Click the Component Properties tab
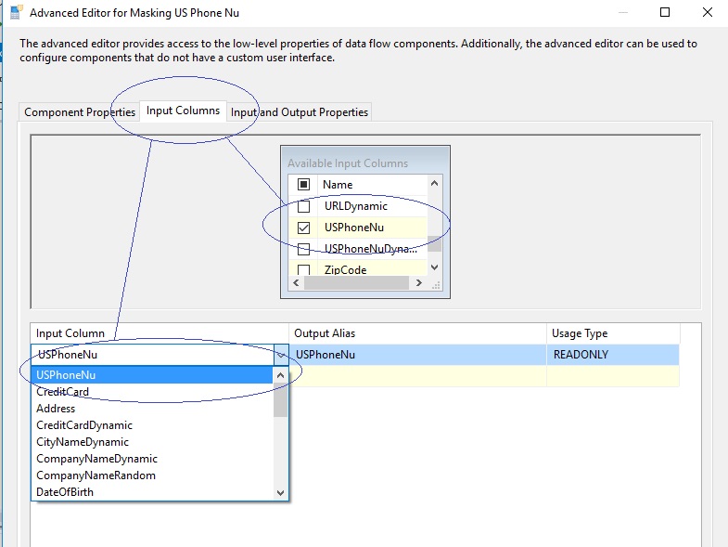(x=80, y=112)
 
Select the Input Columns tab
(x=183, y=111)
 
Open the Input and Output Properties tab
(x=299, y=112)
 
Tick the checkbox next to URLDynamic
(x=303, y=206)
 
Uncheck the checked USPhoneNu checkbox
(x=303, y=228)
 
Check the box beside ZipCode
(x=303, y=269)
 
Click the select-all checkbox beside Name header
(x=303, y=185)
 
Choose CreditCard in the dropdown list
(x=63, y=392)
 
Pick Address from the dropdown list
(x=56, y=409)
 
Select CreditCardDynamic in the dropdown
(x=84, y=425)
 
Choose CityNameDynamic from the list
(x=83, y=442)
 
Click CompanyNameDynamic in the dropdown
(x=97, y=459)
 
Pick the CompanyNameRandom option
(x=96, y=475)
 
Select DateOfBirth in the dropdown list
(x=65, y=492)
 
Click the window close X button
(x=707, y=12)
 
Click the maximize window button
(x=665, y=12)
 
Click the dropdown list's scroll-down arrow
(x=280, y=492)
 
